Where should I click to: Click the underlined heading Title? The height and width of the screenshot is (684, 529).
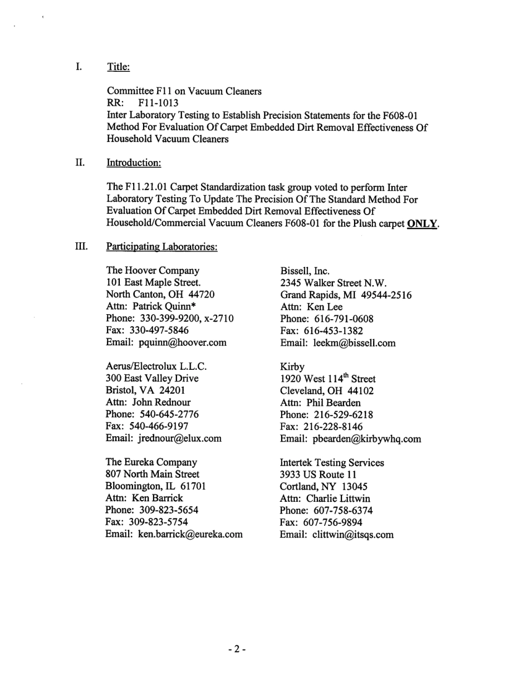[x=118, y=67]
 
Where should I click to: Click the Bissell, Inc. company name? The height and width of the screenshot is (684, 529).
[x=305, y=271]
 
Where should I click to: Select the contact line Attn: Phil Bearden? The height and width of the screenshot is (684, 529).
[x=320, y=403]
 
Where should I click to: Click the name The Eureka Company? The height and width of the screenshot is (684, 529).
[x=151, y=462]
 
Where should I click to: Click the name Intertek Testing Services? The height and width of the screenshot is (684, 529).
[x=332, y=462]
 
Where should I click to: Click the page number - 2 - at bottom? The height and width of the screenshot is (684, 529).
[x=236, y=649]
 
